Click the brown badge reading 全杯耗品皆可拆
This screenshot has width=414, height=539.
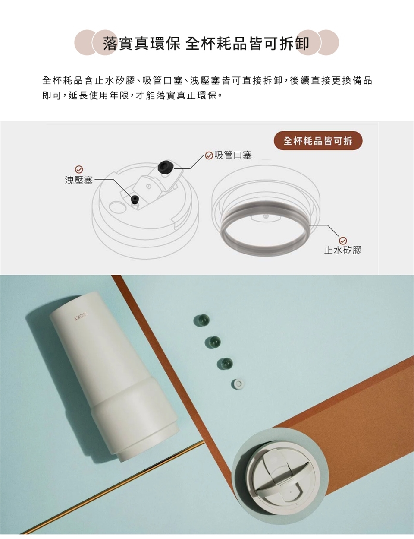click(x=318, y=141)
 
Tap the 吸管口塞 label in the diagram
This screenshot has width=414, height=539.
click(x=233, y=155)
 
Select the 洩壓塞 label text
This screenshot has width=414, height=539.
click(x=79, y=180)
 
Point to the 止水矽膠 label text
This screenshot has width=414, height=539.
click(x=343, y=250)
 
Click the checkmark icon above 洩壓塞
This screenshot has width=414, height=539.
click(x=79, y=169)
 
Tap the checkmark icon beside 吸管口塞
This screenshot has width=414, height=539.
click(x=209, y=155)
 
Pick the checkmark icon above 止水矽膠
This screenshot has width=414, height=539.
click(x=343, y=240)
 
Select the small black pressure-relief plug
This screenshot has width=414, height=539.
click(x=135, y=199)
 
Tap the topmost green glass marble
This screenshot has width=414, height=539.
click(x=201, y=320)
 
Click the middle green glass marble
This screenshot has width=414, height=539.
click(x=213, y=342)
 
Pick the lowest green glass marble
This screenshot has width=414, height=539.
click(x=225, y=364)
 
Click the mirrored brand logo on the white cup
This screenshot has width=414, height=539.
click(x=81, y=319)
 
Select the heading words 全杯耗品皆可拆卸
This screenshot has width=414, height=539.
click(x=248, y=43)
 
